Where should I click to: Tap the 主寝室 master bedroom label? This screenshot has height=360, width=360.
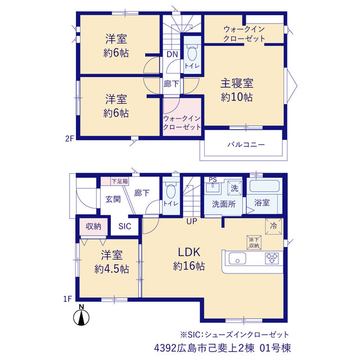click(x=237, y=83)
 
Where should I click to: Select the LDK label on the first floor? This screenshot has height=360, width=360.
click(x=189, y=252)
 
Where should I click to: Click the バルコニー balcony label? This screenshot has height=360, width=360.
click(x=246, y=145)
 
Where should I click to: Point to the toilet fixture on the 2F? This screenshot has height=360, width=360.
click(x=192, y=53)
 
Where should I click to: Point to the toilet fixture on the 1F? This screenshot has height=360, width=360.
click(x=170, y=191)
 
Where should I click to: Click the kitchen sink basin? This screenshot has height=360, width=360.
click(x=237, y=258)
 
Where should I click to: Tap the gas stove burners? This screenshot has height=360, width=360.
click(x=272, y=258)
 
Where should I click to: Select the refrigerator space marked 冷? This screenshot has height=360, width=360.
click(x=273, y=226)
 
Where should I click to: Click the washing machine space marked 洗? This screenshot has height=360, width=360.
click(x=235, y=188)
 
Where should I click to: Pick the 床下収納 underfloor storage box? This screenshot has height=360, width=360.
click(x=254, y=242)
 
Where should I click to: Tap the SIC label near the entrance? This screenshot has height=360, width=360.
click(x=125, y=226)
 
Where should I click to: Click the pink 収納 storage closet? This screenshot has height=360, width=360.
click(x=93, y=227)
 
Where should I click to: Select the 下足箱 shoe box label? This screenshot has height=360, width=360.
click(x=120, y=181)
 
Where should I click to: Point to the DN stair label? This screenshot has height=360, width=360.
click(x=172, y=55)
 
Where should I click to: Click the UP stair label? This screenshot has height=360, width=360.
click(x=192, y=221)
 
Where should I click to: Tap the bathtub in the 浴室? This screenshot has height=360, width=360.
click(x=264, y=186)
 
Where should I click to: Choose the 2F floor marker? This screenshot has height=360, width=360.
click(x=70, y=138)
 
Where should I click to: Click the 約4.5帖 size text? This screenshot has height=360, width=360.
click(x=112, y=269)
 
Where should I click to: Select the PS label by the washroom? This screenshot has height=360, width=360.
click(x=213, y=179)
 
